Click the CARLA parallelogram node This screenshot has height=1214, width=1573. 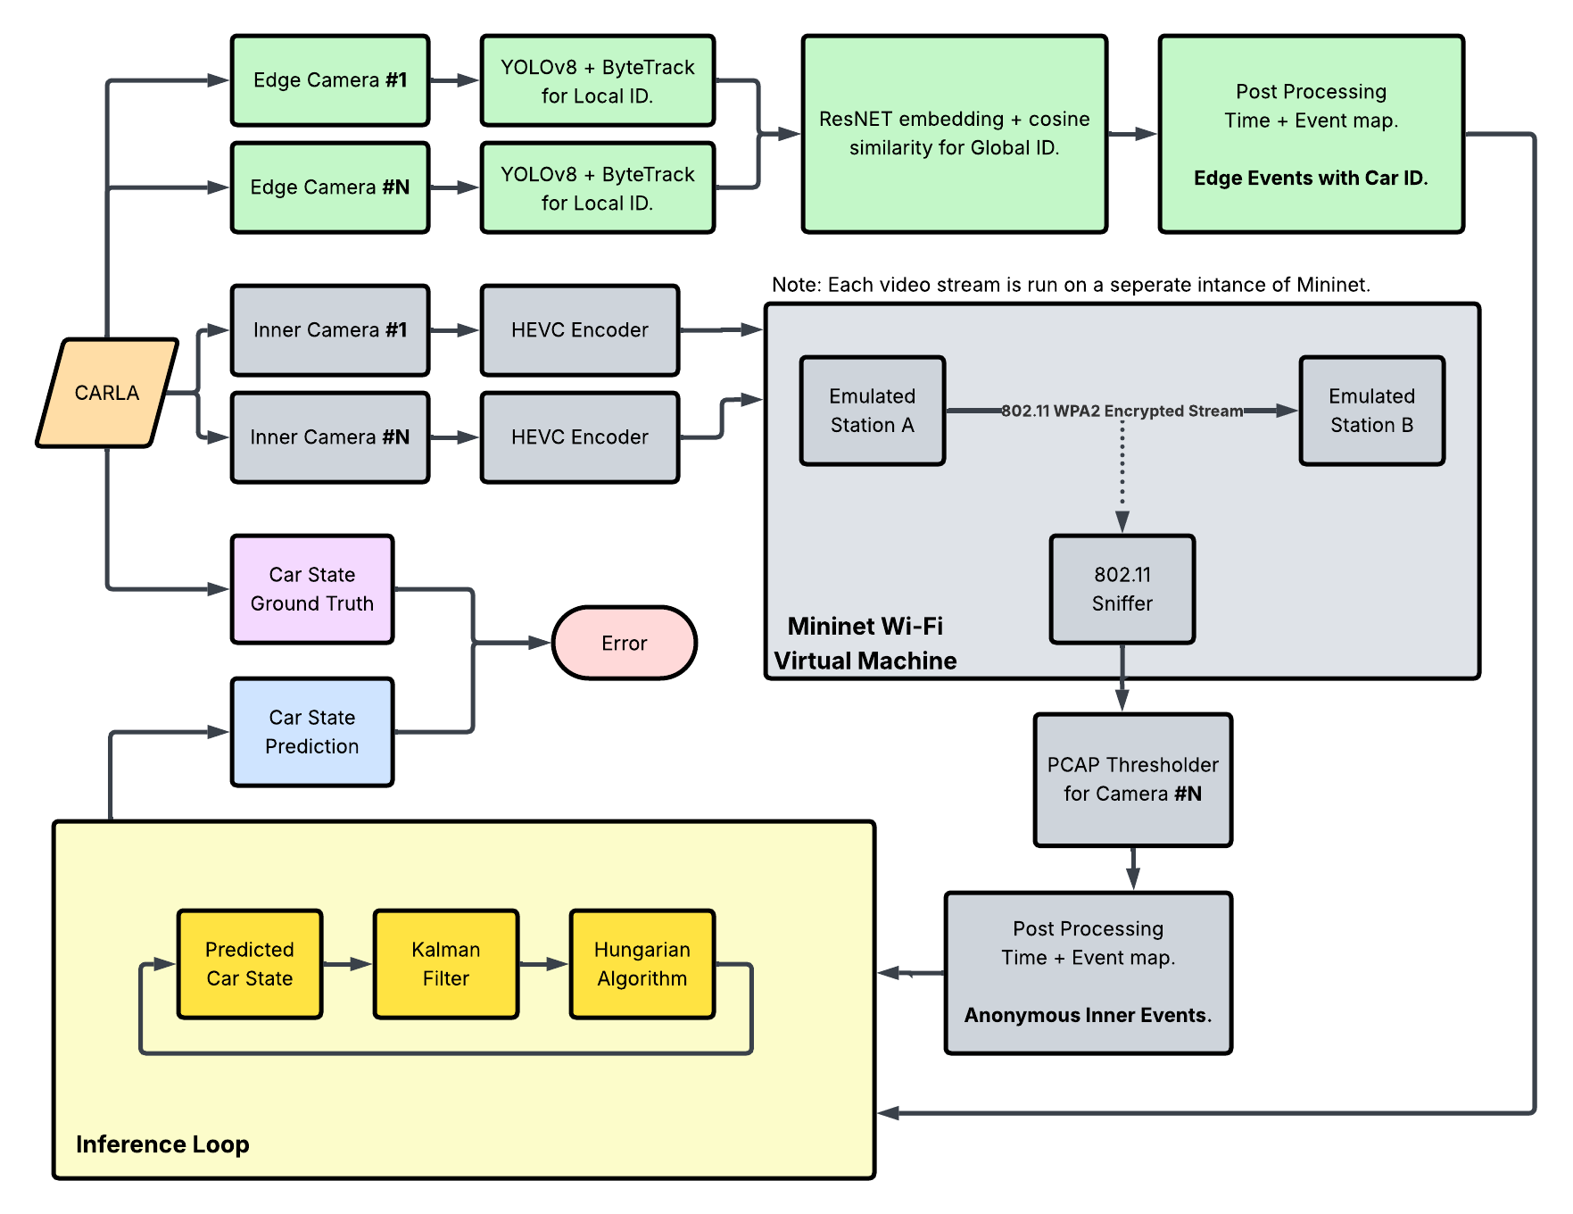(107, 393)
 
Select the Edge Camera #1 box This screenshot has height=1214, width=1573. (330, 80)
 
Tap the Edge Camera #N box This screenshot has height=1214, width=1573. (330, 187)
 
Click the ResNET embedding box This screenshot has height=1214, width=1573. (954, 134)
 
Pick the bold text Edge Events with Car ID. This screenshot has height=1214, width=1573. (1311, 178)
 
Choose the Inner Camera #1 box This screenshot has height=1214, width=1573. (330, 330)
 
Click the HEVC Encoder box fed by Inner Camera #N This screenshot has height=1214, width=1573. (580, 437)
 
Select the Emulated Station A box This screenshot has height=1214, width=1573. (872, 411)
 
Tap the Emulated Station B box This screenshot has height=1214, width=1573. (1371, 411)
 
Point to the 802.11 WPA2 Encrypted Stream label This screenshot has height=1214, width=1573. (1122, 411)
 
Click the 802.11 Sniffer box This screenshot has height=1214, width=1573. (1122, 589)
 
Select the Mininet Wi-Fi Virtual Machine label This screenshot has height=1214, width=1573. (865, 644)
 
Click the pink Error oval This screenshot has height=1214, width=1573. (625, 643)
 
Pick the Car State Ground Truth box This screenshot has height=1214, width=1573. (312, 589)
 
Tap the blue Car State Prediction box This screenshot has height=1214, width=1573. (312, 732)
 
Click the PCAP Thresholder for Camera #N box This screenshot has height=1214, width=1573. (1132, 779)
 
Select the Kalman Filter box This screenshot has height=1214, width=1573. (446, 964)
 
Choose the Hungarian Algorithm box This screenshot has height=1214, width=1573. (642, 964)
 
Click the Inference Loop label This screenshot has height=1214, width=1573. (162, 1144)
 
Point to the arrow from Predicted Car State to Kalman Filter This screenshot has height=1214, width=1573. (347, 964)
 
